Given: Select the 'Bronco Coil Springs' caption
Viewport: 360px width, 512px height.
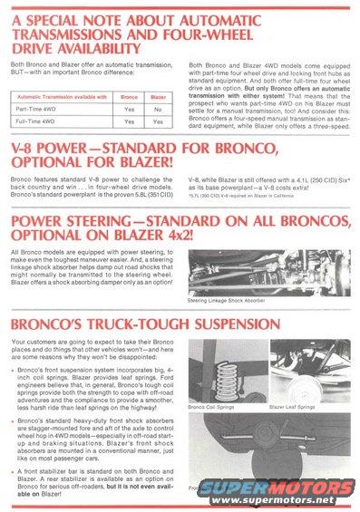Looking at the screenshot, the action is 214,408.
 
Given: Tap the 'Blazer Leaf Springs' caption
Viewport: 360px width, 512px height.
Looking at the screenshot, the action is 296,408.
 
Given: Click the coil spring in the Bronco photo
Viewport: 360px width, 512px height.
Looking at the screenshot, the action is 223,372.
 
